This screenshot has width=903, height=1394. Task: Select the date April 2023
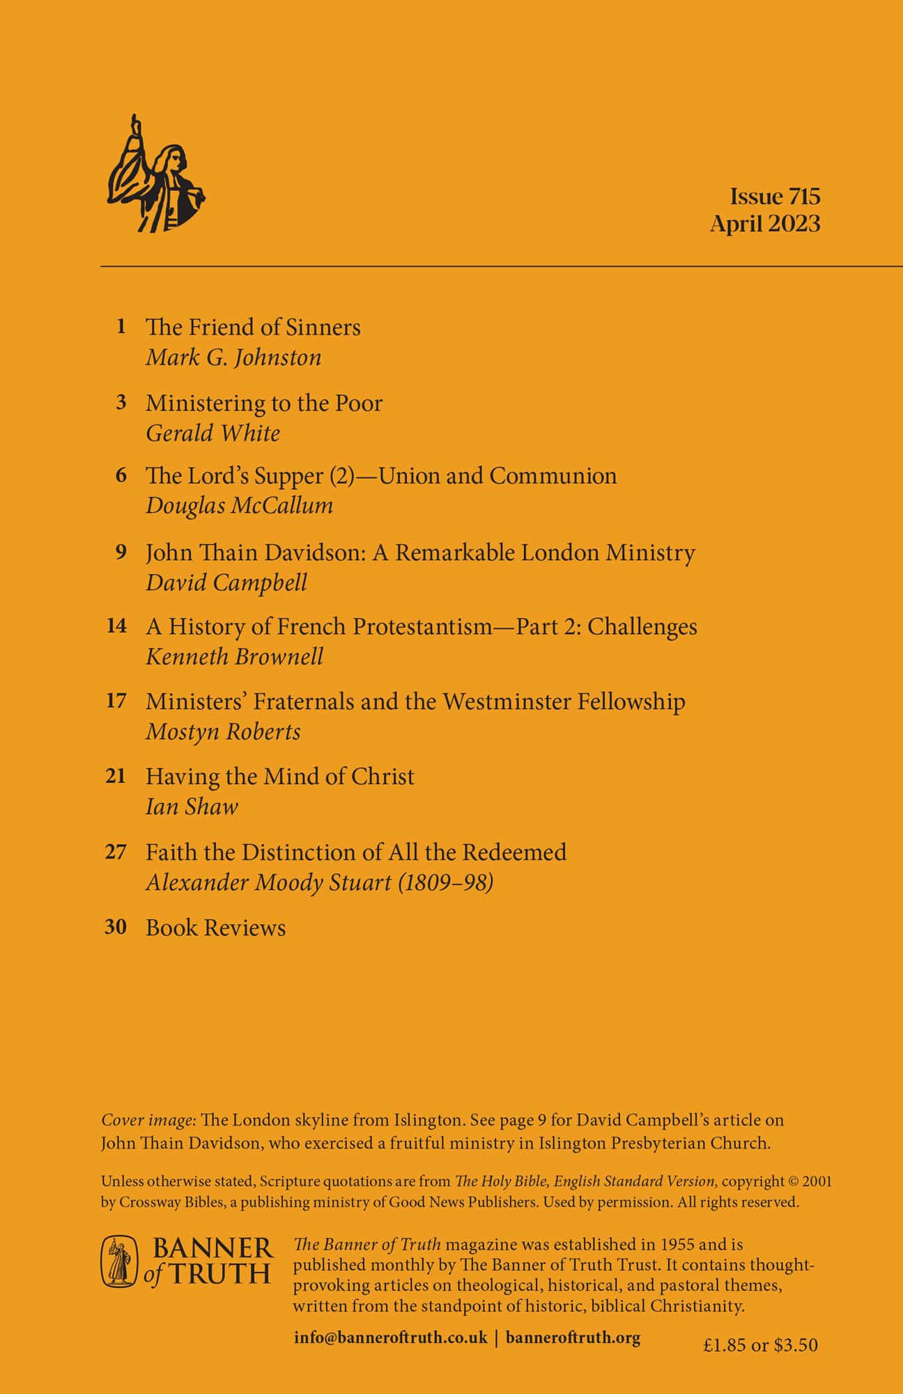[x=764, y=224]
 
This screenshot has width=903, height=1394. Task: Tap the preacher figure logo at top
[x=157, y=174]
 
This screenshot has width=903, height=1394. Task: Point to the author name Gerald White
[x=213, y=433]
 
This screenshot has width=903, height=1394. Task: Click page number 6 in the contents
[x=121, y=475]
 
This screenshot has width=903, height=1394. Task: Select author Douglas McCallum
[x=239, y=505]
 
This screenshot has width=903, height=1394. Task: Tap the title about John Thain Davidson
[x=420, y=553]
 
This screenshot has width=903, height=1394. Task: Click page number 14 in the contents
[x=116, y=626]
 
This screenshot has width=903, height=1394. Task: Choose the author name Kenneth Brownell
[x=234, y=657]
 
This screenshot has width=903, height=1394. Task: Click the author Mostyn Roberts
[x=223, y=731]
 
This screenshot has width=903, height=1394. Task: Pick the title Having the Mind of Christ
[x=279, y=776]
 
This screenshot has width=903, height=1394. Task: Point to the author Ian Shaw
[x=192, y=806]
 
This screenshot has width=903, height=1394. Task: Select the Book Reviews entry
[x=215, y=928]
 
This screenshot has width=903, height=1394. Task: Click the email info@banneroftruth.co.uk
[x=390, y=1338]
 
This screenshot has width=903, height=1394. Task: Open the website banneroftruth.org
[x=573, y=1338]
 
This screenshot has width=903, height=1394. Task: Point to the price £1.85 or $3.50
[x=760, y=1345]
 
